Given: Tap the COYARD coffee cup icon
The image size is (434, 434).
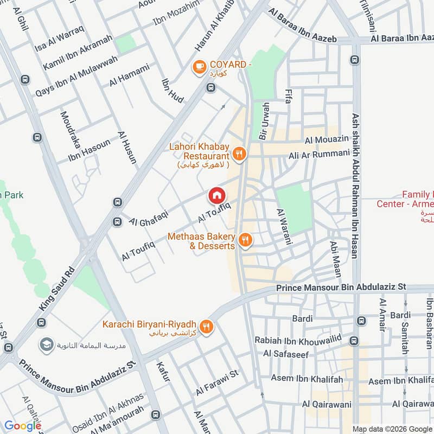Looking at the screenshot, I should tap(199, 67).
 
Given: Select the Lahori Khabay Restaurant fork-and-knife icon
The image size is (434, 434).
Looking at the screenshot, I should tap(241, 155).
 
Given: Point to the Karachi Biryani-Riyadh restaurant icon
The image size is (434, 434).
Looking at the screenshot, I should tap(206, 326).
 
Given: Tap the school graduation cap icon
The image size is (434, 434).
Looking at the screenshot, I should tap(46, 344).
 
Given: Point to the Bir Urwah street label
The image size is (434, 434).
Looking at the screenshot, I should tap(264, 121).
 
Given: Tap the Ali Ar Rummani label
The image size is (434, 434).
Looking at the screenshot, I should tap(319, 154).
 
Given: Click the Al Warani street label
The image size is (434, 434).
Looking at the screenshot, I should tap(284, 227).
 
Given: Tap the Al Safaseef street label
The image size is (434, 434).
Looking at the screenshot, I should tap(285, 354).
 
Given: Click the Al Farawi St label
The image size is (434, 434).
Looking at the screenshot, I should tap(218, 382).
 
